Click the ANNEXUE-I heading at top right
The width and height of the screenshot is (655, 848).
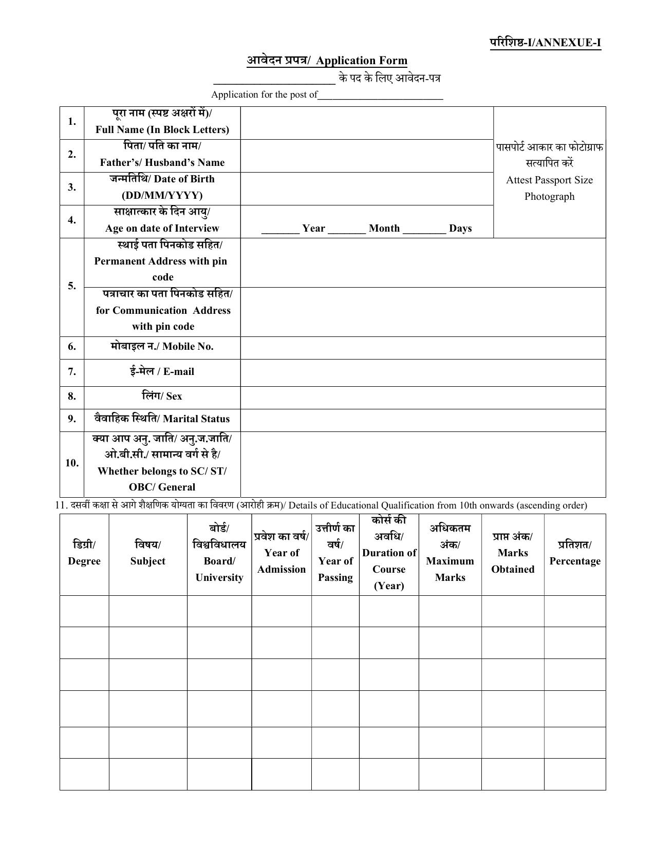pos(545,43)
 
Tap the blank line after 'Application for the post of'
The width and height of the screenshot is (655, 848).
pos(380,96)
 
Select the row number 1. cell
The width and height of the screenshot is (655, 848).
pos(72,122)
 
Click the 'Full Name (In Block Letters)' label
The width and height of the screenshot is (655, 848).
pos(162,129)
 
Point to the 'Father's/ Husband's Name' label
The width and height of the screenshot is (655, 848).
pos(162,162)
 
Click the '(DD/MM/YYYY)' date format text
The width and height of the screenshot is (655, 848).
pos(162,195)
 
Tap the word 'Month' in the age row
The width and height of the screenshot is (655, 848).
pos(384,228)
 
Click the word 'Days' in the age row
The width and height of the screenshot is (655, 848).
pos(460,228)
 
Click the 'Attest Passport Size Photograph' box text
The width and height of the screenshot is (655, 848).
pos(549,188)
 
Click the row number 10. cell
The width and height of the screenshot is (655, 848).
pos(72,463)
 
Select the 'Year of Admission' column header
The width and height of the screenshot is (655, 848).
pos(282,561)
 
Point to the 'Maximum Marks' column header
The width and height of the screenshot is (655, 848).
pos(450,569)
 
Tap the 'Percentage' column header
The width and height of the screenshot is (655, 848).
pos(575,561)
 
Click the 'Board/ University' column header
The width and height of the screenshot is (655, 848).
pos(219,569)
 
